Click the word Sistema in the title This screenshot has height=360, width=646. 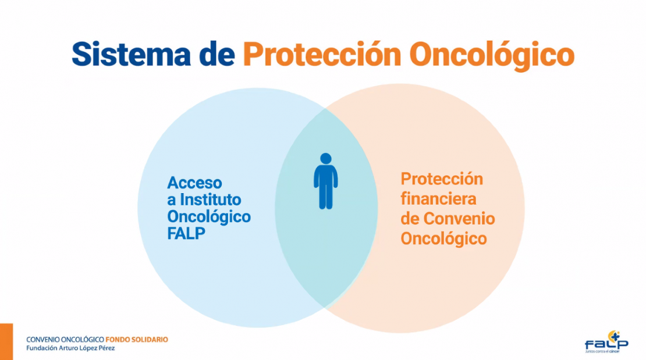(131, 54)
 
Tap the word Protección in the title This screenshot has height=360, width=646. (322, 54)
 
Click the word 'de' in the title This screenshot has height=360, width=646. (216, 54)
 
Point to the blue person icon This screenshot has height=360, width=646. (325, 181)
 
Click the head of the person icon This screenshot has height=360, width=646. (325, 159)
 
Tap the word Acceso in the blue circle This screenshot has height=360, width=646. (194, 183)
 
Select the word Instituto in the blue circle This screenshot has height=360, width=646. (211, 199)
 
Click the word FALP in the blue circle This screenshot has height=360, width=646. (186, 234)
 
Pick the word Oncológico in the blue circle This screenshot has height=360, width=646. (209, 217)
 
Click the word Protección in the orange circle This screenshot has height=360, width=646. (442, 179)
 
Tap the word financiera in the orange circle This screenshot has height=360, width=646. (438, 198)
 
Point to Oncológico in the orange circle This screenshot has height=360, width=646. (443, 239)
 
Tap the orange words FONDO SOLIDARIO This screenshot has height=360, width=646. (137, 340)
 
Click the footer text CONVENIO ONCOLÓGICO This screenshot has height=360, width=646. (65, 340)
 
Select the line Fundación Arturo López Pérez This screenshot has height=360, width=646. (70, 348)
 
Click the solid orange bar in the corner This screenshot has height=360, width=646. (6, 341)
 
